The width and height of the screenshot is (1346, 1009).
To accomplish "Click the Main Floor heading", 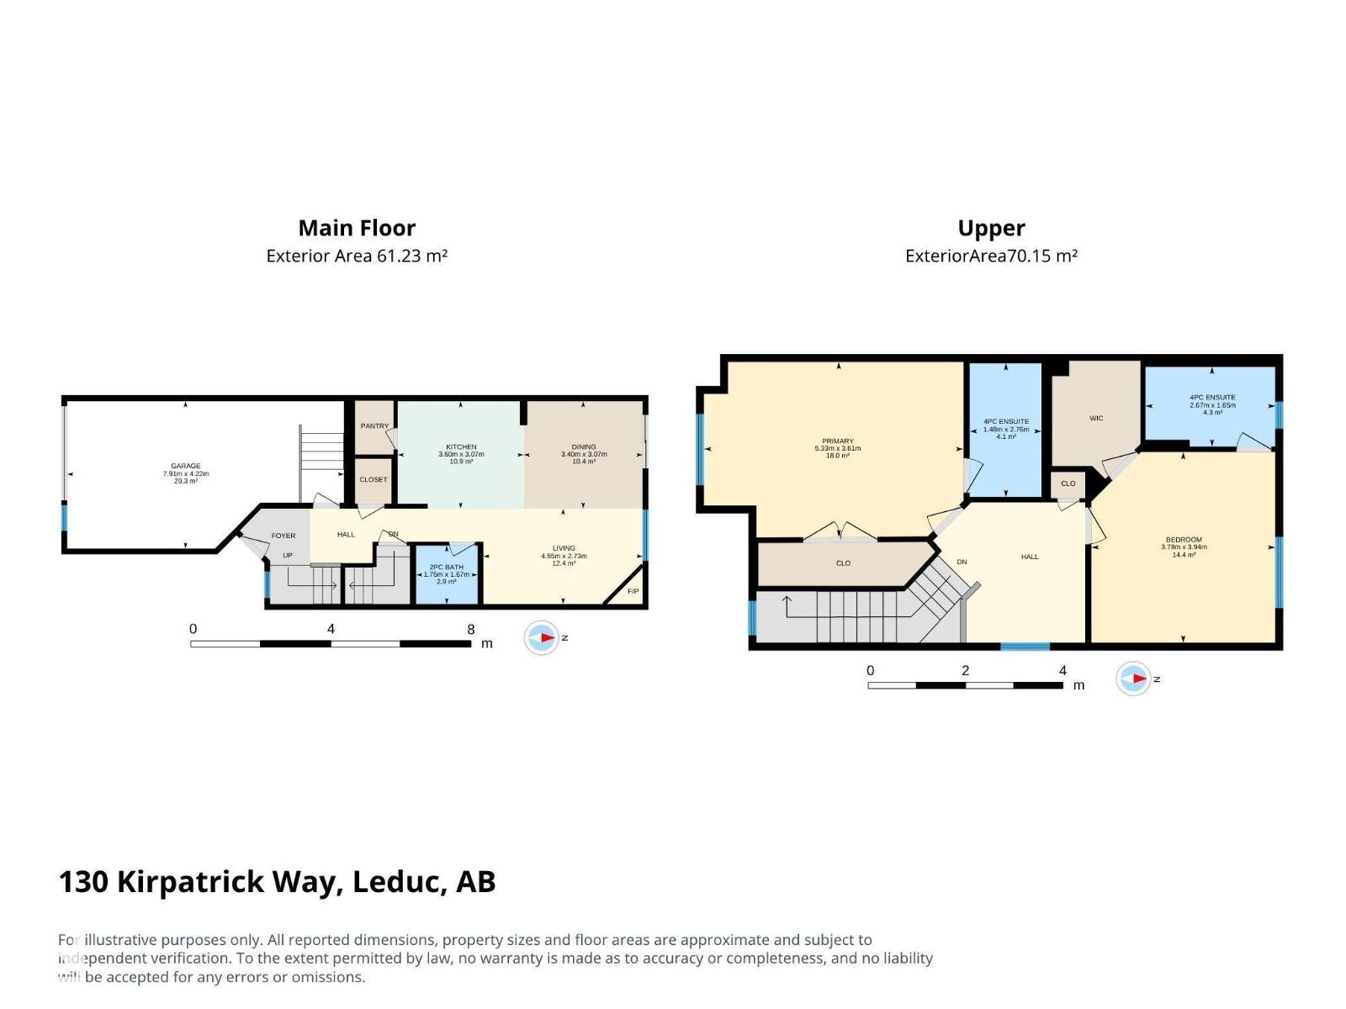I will coord(357,228).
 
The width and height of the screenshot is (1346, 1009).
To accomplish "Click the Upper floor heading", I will coord(991,228).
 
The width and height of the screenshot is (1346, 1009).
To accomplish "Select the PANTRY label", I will coord(374,426).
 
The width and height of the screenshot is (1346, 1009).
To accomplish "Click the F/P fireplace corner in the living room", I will coord(633,592).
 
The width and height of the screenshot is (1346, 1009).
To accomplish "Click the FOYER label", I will coord(284,536).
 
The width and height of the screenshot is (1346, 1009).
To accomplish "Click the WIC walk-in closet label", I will coord(1096,418).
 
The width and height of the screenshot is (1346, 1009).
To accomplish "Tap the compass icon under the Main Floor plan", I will coord(542,638).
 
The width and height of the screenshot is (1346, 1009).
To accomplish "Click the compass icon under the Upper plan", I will coord(1133,679).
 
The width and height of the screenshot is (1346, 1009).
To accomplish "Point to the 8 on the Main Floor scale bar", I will coord(471,629).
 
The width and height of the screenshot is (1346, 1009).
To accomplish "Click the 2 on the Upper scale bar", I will coord(965,670).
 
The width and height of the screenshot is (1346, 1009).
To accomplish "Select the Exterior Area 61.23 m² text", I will coord(357,256).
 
